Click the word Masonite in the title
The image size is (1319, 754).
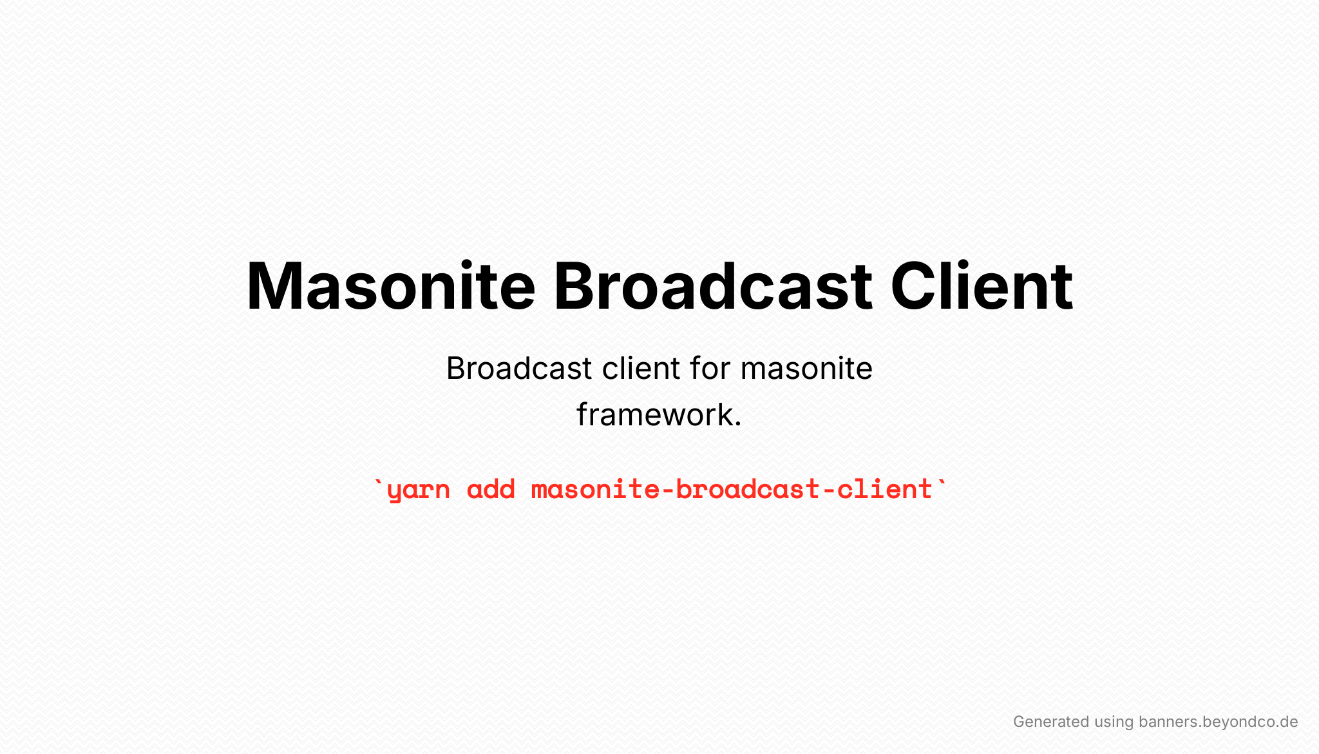coord(391,285)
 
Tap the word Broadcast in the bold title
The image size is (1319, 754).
coord(713,285)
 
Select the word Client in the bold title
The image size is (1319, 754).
coord(982,285)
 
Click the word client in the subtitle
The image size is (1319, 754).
coord(641,369)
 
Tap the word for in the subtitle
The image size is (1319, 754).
coord(710,369)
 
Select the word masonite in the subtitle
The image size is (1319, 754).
coord(806,369)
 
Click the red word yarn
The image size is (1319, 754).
coord(419,491)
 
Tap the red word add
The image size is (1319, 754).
coord(491,489)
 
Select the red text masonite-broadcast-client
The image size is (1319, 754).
coord(732,489)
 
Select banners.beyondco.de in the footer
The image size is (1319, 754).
coord(1218,722)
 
